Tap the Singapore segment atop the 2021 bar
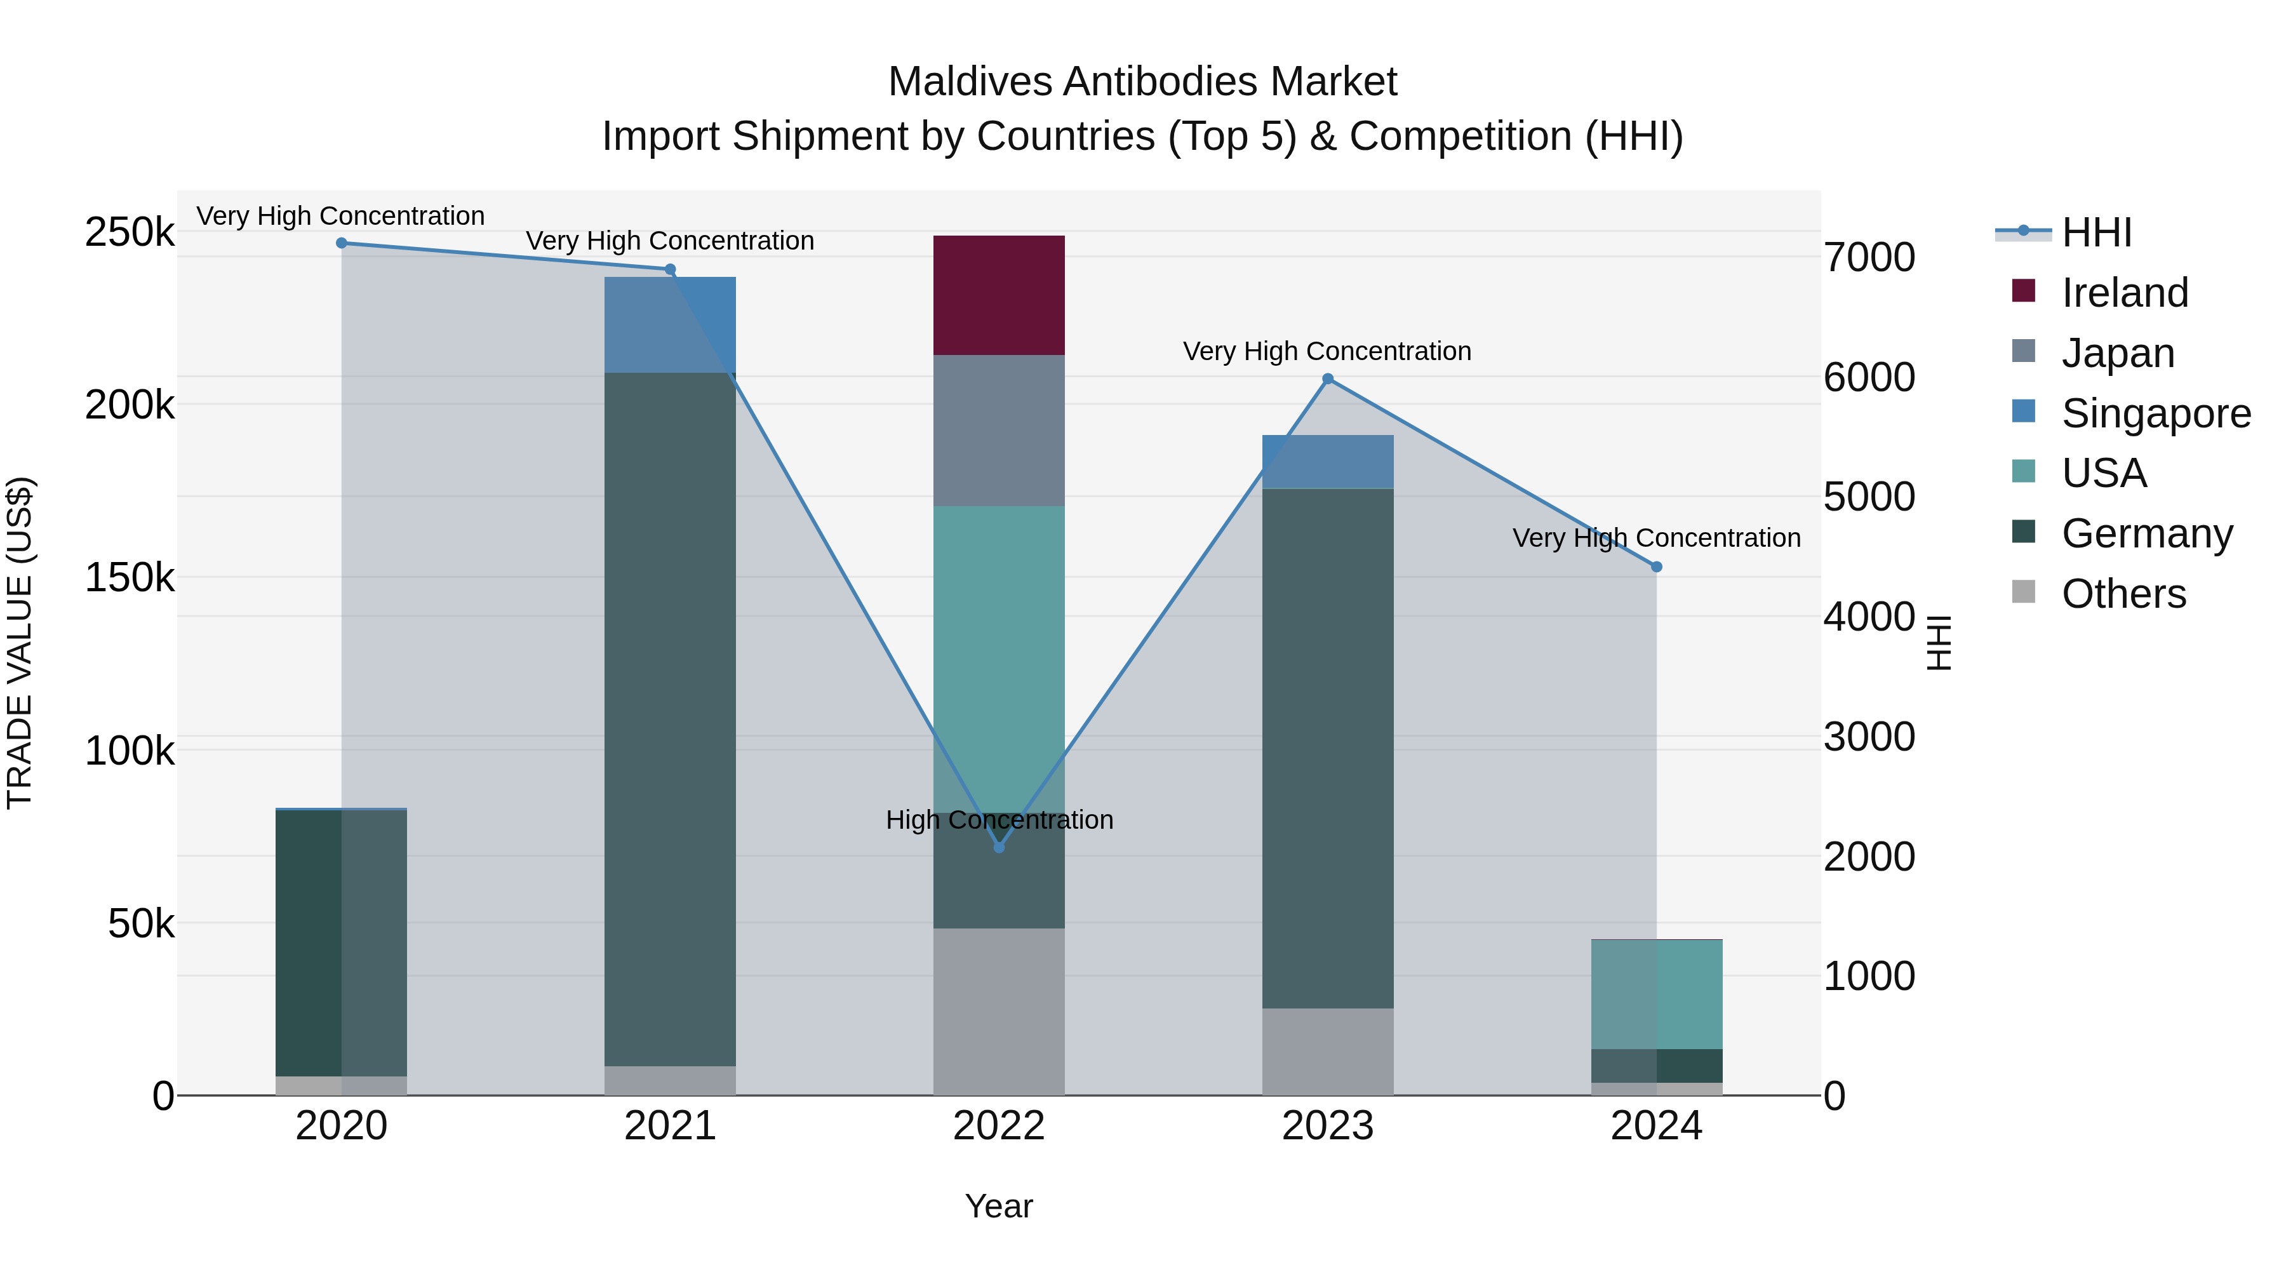pos(670,324)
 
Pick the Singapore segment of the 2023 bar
pos(1328,462)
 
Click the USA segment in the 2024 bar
pos(1656,994)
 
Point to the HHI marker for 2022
pos(999,848)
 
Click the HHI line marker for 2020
pos(342,243)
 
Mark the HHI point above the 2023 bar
pos(1328,379)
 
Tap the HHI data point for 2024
pos(1656,567)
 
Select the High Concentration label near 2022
pos(999,820)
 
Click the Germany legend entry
pos(2146,533)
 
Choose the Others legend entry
pos(2123,594)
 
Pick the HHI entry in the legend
pos(2096,232)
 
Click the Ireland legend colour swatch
pos(2023,291)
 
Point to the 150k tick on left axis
pos(130,578)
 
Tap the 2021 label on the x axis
pos(670,1126)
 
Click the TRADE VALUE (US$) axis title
pos(20,643)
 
